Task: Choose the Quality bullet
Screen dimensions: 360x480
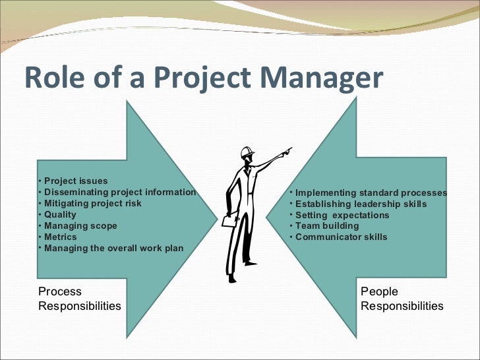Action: [60, 214]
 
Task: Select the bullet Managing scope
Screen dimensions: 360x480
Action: [80, 225]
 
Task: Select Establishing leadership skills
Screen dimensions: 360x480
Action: [361, 204]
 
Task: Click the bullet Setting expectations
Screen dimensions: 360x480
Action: [342, 215]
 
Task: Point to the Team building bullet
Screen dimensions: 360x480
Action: [327, 225]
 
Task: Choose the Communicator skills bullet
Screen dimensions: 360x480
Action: [341, 237]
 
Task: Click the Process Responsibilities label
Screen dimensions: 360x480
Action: [79, 299]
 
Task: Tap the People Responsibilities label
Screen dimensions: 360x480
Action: [402, 299]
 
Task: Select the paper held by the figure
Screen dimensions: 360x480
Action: [229, 222]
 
